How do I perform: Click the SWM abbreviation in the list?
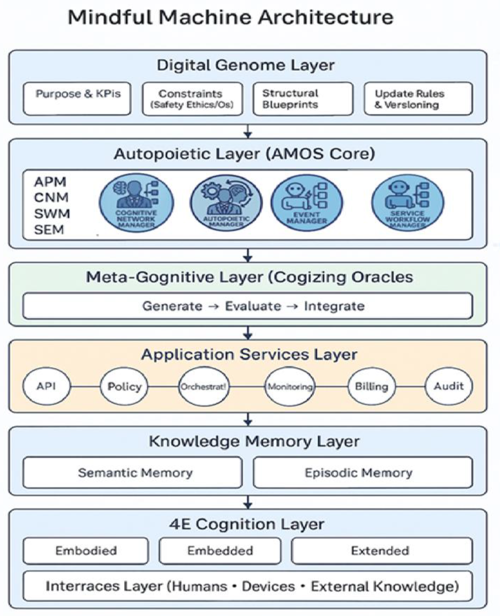pyautogui.click(x=52, y=214)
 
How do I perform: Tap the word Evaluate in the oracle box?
pyautogui.click(x=253, y=306)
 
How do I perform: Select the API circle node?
pyautogui.click(x=46, y=386)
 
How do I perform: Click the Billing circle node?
pyautogui.click(x=372, y=386)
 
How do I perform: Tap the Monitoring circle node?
pyautogui.click(x=290, y=386)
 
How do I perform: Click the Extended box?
pyautogui.click(x=382, y=551)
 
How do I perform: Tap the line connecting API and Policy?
pyautogui.click(x=85, y=386)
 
